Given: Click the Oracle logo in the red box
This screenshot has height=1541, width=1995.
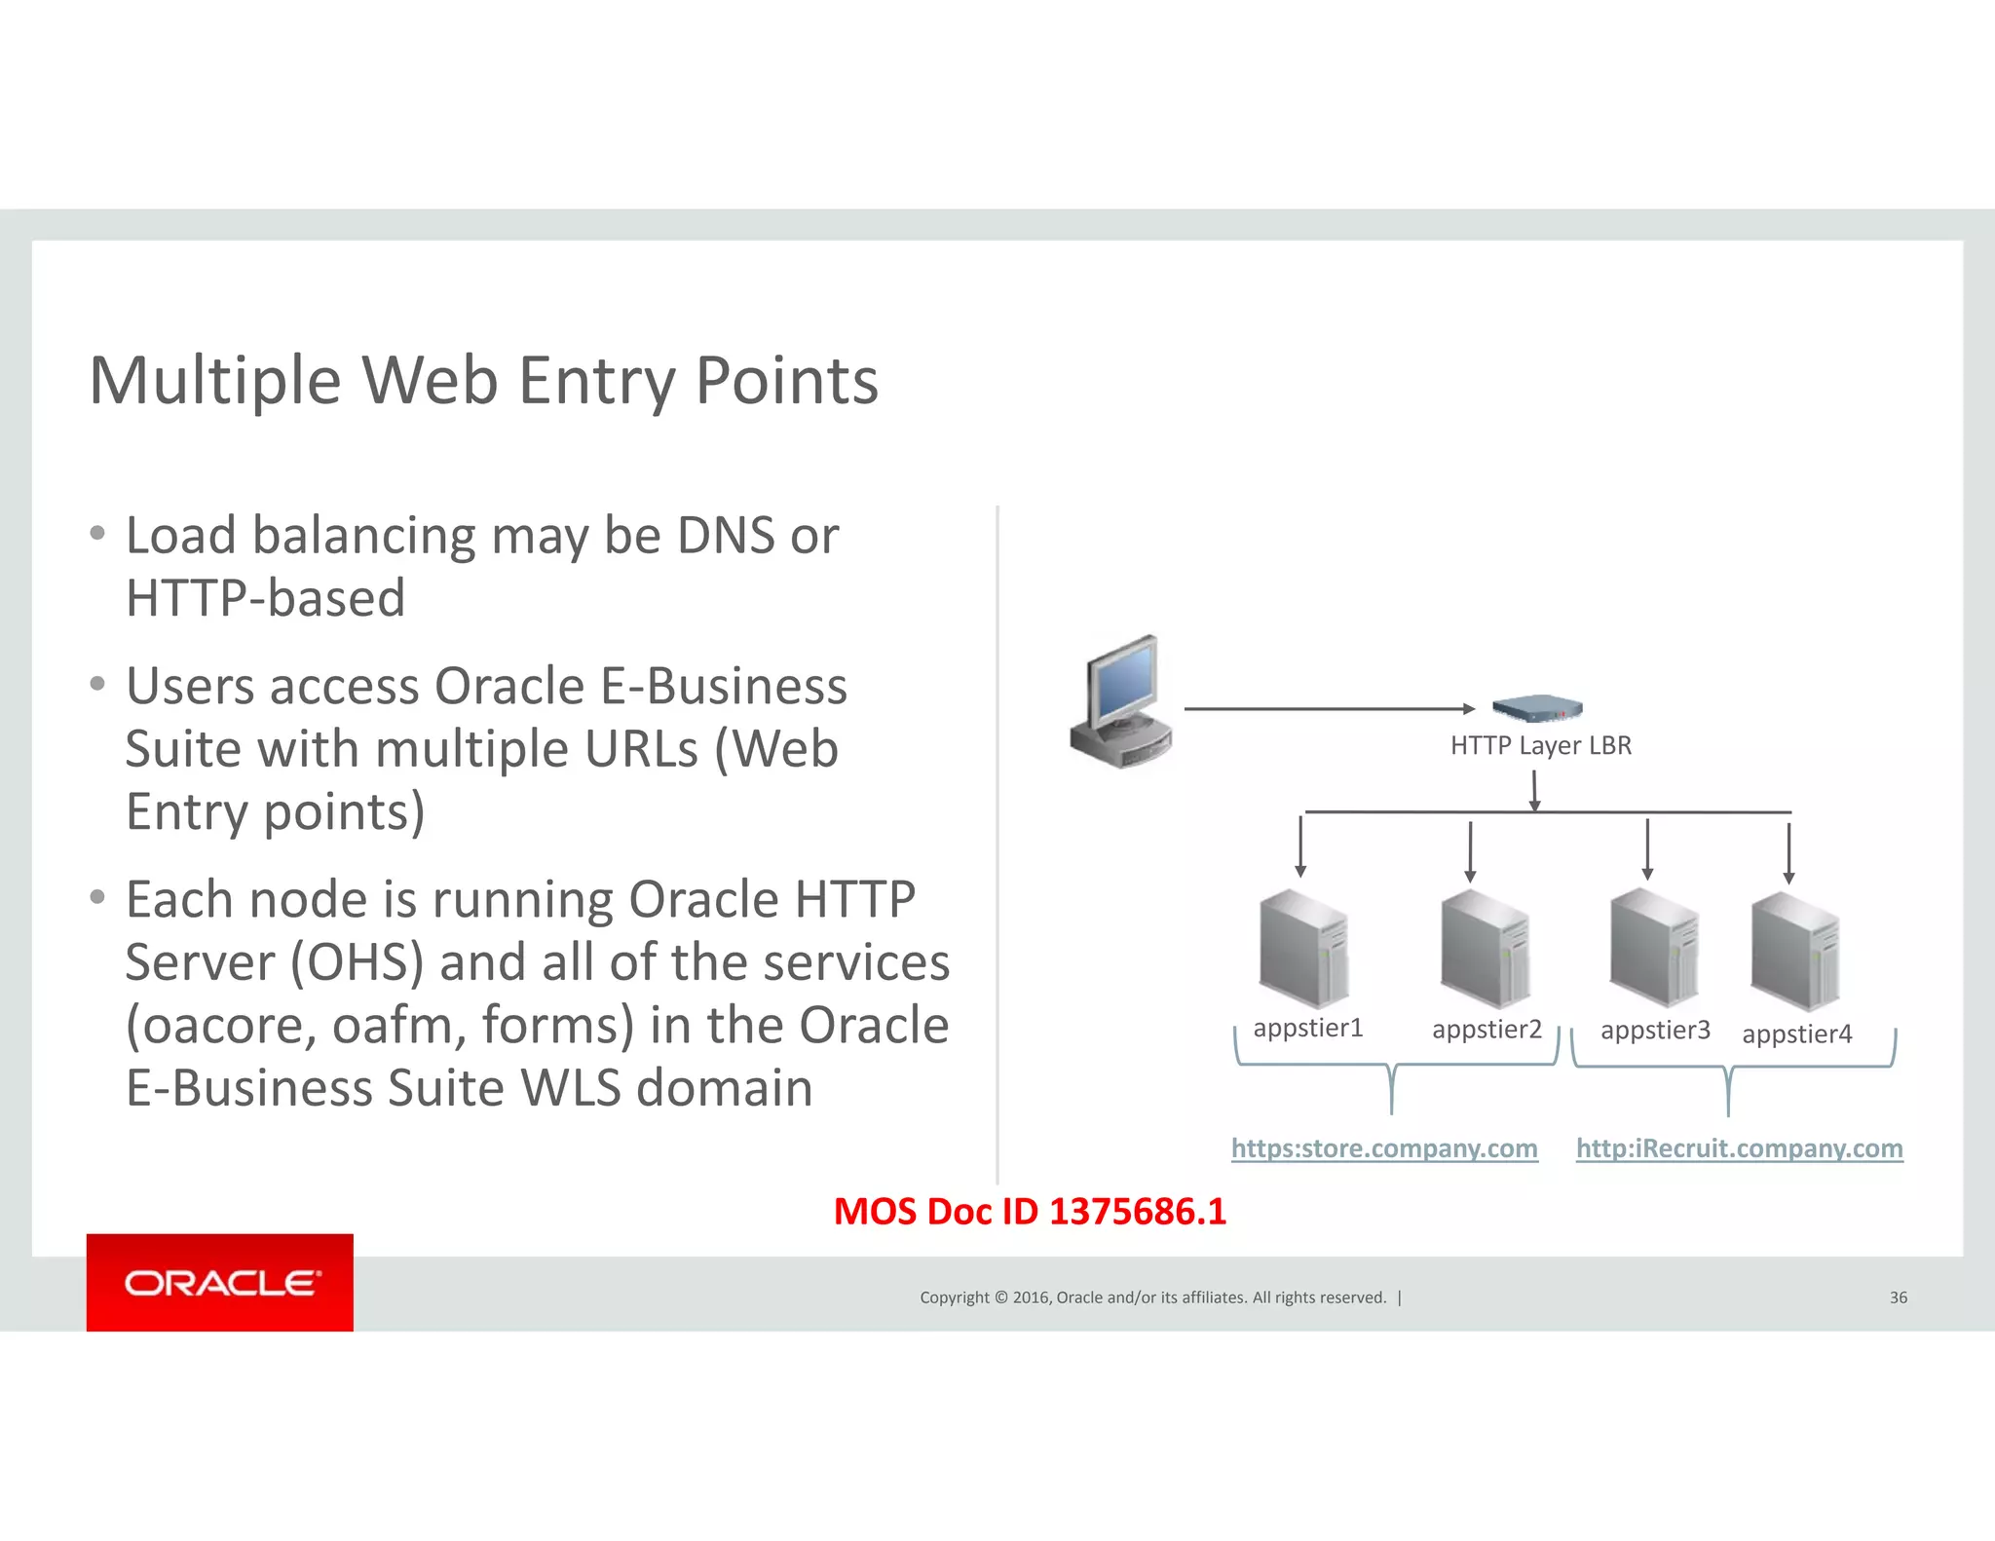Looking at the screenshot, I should pyautogui.click(x=220, y=1283).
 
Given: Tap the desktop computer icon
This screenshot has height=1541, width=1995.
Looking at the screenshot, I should pyautogui.click(x=1122, y=702).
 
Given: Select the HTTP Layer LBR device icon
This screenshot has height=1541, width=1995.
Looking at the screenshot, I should pyautogui.click(x=1537, y=708).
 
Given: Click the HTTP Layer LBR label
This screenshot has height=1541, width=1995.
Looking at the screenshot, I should pyautogui.click(x=1540, y=745).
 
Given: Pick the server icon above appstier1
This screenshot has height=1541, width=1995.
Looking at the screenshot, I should pyautogui.click(x=1303, y=949).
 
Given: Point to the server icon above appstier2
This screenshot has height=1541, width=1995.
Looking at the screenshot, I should pyautogui.click(x=1485, y=949).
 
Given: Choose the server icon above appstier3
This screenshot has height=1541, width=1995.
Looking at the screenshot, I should pyautogui.click(x=1654, y=948).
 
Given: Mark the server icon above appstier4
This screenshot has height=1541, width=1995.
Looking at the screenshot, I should pyautogui.click(x=1794, y=953).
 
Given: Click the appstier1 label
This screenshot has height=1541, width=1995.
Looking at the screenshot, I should pyautogui.click(x=1307, y=1028).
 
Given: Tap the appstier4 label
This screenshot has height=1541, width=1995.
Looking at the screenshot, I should pyautogui.click(x=1796, y=1034).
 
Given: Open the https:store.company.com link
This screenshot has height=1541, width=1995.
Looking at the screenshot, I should pyautogui.click(x=1384, y=1148).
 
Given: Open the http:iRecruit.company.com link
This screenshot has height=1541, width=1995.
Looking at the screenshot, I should pyautogui.click(x=1739, y=1148).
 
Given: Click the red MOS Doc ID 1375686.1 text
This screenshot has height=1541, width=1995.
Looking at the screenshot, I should pyautogui.click(x=1030, y=1211).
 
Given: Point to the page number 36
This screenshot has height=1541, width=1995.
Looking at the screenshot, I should pyautogui.click(x=1898, y=1297).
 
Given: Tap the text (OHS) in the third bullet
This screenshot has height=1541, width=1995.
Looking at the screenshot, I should pyautogui.click(x=358, y=962).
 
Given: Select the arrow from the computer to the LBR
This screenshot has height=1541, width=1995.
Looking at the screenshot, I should pyautogui.click(x=1329, y=709).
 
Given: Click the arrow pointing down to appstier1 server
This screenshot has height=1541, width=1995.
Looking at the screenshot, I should pyautogui.click(x=1300, y=847).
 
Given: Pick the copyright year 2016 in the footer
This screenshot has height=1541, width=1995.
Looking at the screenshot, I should pyautogui.click(x=1031, y=1297).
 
